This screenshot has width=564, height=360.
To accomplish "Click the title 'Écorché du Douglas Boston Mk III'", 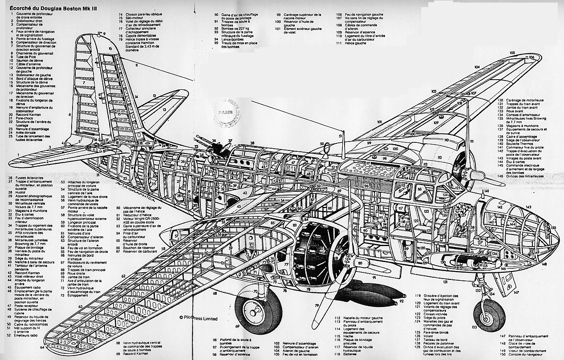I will tap(40, 7).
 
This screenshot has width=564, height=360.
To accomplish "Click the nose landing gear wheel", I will tap(490, 315).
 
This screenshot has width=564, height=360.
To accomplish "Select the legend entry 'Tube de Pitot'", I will tap(24, 56).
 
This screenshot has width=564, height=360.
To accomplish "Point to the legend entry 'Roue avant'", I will tap(514, 111).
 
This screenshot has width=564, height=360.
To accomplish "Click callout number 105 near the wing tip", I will tap(512, 53).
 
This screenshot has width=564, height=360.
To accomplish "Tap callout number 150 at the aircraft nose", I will tap(553, 227).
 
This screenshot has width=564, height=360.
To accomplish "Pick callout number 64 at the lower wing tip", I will tap(42, 347).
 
